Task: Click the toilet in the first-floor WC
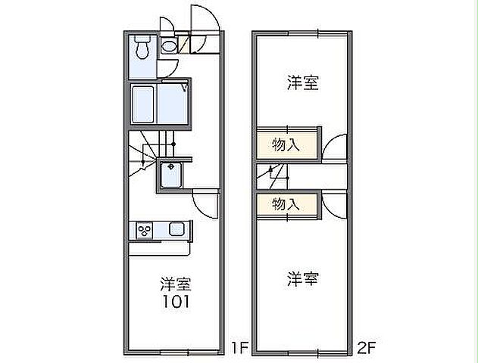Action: [x=142, y=49]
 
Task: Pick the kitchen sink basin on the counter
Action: [x=178, y=229]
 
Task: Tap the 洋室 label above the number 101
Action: [x=175, y=285]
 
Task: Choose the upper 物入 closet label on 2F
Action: [x=286, y=144]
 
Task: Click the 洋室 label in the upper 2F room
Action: [x=301, y=83]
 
